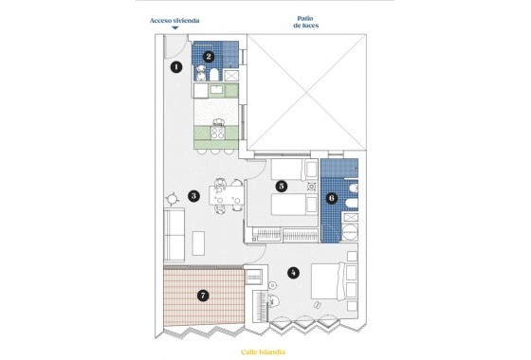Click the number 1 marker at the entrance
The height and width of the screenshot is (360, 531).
coord(176,67)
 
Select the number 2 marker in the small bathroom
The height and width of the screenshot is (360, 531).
coord(208,57)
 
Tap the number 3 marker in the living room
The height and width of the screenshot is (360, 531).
coord(193,196)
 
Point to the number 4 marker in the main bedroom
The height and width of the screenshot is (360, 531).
coord(294,273)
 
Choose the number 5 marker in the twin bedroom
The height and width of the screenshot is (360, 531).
coord(282,187)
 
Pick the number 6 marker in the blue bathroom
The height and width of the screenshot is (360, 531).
coord(331,199)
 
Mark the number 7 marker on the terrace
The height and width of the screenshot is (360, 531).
coord(202,296)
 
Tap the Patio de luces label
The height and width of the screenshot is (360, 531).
coord(305,22)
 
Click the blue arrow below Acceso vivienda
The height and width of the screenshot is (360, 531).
coord(174,28)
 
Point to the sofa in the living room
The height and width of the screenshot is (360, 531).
coord(174,235)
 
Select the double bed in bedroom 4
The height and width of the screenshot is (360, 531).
coord(327,280)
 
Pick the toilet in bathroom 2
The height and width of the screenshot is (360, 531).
coord(216,73)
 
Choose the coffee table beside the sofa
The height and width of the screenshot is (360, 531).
coord(199,243)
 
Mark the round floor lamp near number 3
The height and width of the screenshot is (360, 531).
coord(173,199)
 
